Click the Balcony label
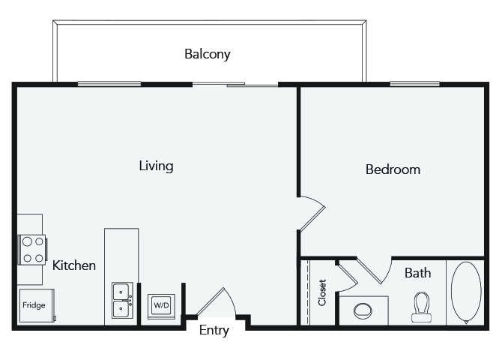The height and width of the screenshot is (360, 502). click(x=207, y=54)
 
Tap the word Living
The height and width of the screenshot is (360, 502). click(x=157, y=166)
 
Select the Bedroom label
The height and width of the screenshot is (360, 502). click(x=393, y=169)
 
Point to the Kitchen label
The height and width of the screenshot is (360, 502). click(x=74, y=265)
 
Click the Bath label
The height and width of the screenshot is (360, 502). click(x=417, y=273)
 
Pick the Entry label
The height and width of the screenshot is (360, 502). click(x=214, y=330)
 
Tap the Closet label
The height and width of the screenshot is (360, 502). click(x=322, y=292)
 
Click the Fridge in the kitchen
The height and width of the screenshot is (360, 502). click(x=37, y=305)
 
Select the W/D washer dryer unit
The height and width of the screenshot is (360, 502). click(x=161, y=306)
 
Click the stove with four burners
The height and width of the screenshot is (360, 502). click(x=33, y=250)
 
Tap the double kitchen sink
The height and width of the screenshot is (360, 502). click(x=122, y=300)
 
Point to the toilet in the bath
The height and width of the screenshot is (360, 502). click(x=421, y=307)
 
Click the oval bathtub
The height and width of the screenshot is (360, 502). click(x=466, y=293)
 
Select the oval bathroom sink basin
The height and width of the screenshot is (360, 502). click(x=363, y=310)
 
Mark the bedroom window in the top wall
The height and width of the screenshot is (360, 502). click(x=414, y=84)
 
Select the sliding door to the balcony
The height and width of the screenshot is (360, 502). click(x=235, y=84)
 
